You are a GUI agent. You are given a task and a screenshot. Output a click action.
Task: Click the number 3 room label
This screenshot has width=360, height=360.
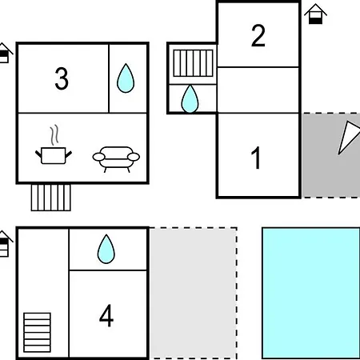click(x=62, y=78)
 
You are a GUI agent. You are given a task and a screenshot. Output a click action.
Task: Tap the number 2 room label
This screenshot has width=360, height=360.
click(x=258, y=35)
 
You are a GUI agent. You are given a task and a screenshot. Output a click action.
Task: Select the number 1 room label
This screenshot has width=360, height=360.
click(x=256, y=158)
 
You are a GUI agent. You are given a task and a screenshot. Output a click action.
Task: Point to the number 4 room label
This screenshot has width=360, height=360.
click(x=106, y=315)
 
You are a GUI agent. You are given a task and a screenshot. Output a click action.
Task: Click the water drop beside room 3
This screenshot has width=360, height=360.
click(x=126, y=78)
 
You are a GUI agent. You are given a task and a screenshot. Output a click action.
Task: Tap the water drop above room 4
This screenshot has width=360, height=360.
click(x=106, y=249)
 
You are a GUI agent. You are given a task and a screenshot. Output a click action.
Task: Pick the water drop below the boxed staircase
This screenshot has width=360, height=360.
click(x=190, y=99)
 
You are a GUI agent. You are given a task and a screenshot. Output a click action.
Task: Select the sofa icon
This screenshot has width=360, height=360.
click(x=116, y=159)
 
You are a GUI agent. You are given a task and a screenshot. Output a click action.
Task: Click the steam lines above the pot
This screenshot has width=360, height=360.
click(x=54, y=135)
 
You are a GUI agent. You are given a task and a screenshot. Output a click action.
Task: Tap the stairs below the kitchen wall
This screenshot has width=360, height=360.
click(x=51, y=198)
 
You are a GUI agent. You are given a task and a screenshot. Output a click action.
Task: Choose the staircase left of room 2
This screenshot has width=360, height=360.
click(x=193, y=63)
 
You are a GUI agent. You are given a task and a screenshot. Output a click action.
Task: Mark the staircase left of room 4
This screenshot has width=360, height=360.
click(x=37, y=333)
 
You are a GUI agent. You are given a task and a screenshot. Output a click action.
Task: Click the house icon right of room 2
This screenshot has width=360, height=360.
click(x=315, y=14)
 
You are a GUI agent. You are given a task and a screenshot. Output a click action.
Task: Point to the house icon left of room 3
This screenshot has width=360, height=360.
click(x=5, y=53)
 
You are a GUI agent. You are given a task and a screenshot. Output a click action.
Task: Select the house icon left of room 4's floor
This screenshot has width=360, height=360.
click(x=5, y=243)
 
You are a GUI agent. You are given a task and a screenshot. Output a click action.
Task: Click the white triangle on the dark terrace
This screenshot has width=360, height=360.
click(x=348, y=137)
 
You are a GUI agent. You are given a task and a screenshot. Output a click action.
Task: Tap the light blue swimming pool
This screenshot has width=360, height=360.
click(x=311, y=293)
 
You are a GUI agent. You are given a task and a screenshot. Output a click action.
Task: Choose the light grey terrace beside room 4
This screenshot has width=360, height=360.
click(x=193, y=293)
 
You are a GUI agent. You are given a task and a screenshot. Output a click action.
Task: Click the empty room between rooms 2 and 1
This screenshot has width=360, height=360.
click(x=258, y=90)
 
